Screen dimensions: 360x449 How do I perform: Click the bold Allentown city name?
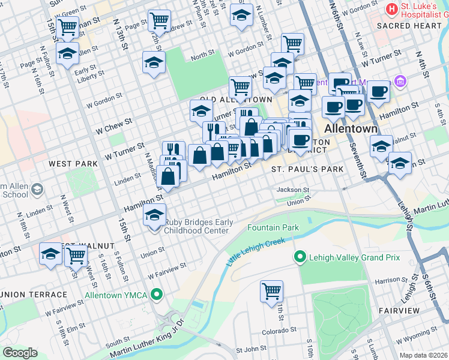351,129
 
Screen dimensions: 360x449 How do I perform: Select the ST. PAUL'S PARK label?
307,169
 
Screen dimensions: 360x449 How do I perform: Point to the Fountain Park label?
273,228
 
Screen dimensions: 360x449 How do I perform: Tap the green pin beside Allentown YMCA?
157,295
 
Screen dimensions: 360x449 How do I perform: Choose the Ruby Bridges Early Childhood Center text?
199,226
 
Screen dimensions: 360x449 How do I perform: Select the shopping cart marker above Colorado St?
271,291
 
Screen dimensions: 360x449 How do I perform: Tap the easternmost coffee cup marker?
378,92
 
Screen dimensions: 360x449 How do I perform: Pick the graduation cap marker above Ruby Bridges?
154,215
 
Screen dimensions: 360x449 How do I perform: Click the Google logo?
20,353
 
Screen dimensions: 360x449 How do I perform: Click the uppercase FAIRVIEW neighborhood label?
399,310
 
